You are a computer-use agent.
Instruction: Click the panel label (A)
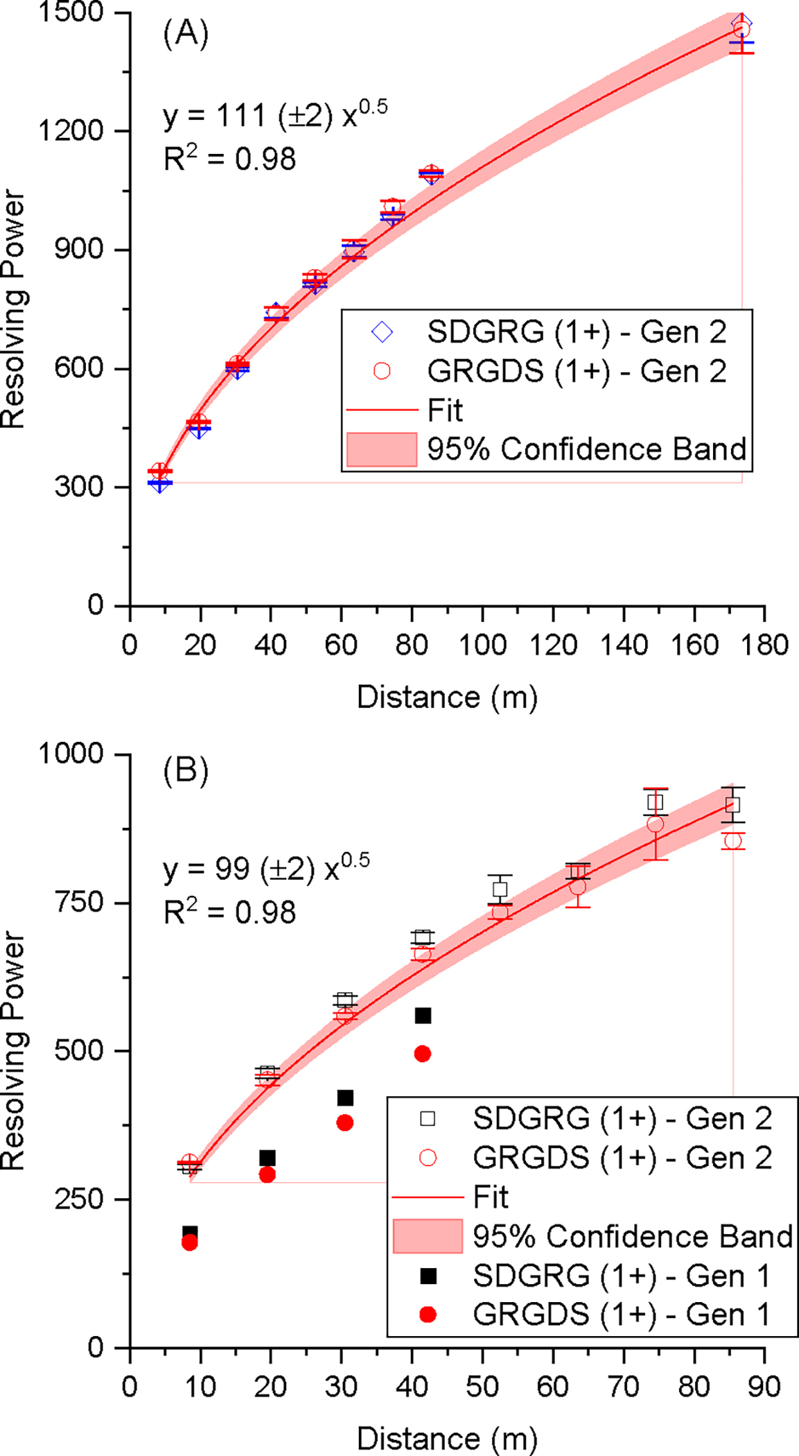click(186, 33)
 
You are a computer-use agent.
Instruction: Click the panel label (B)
click(186, 771)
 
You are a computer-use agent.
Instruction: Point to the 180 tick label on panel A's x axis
click(764, 645)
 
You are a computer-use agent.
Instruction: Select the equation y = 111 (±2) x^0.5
click(275, 115)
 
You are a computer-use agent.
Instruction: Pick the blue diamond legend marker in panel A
click(382, 332)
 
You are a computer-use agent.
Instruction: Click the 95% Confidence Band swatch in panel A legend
click(382, 449)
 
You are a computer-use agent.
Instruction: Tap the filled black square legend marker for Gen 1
click(428, 1276)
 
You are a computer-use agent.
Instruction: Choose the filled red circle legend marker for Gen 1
click(428, 1315)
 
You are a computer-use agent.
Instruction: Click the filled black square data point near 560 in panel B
click(423, 1016)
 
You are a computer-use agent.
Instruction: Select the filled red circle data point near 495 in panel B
click(423, 1054)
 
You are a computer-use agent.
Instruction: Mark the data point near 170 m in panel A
click(741, 28)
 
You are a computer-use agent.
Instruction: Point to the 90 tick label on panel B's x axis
click(764, 1387)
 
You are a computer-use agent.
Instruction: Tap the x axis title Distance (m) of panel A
click(447, 697)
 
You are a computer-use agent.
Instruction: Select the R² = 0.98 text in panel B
click(229, 912)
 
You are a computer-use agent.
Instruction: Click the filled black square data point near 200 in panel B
click(189, 1233)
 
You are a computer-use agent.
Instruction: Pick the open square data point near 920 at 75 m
click(655, 803)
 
